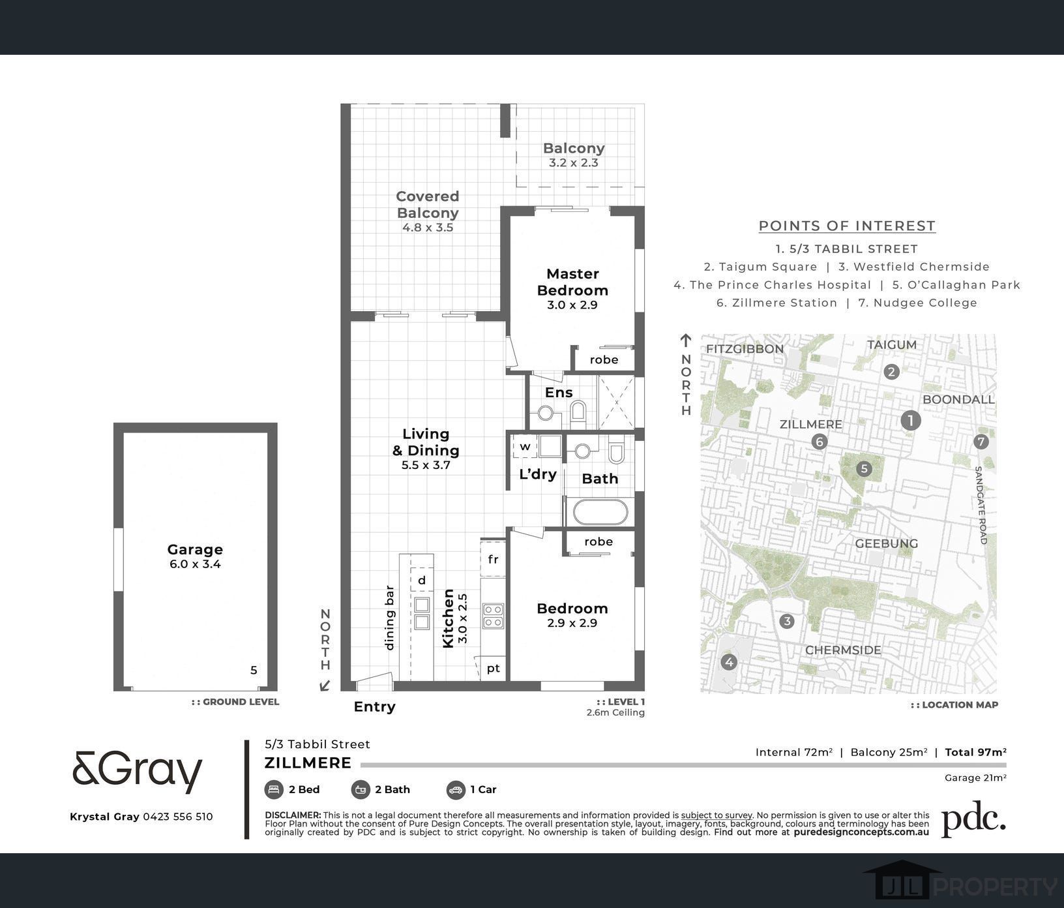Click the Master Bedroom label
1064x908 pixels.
(572, 282)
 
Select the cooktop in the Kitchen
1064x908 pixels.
(493, 616)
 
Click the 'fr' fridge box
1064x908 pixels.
(493, 559)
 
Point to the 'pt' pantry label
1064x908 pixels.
(494, 668)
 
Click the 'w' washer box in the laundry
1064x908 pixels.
(525, 447)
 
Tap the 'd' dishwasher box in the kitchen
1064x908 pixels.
(422, 580)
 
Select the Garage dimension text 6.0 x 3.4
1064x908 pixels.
(195, 564)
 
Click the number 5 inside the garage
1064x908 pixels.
(254, 670)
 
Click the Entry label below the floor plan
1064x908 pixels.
(374, 706)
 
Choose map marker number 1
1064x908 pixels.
(910, 420)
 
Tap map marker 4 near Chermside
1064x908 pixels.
(729, 662)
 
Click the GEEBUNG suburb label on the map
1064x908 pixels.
(886, 543)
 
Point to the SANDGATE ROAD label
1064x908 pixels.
(981, 506)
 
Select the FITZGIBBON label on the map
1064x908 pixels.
(745, 349)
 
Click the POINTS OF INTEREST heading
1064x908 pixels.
(847, 226)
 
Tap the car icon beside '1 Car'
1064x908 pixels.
(456, 790)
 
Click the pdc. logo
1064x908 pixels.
(973, 819)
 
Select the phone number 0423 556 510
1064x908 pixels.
(177, 817)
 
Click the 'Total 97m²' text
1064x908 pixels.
(975, 752)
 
